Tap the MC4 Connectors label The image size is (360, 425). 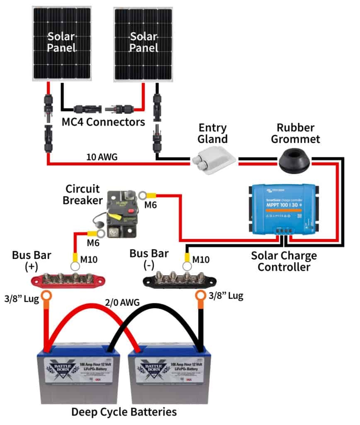pos(103,122)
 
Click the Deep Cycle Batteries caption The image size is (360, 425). pos(124,412)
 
